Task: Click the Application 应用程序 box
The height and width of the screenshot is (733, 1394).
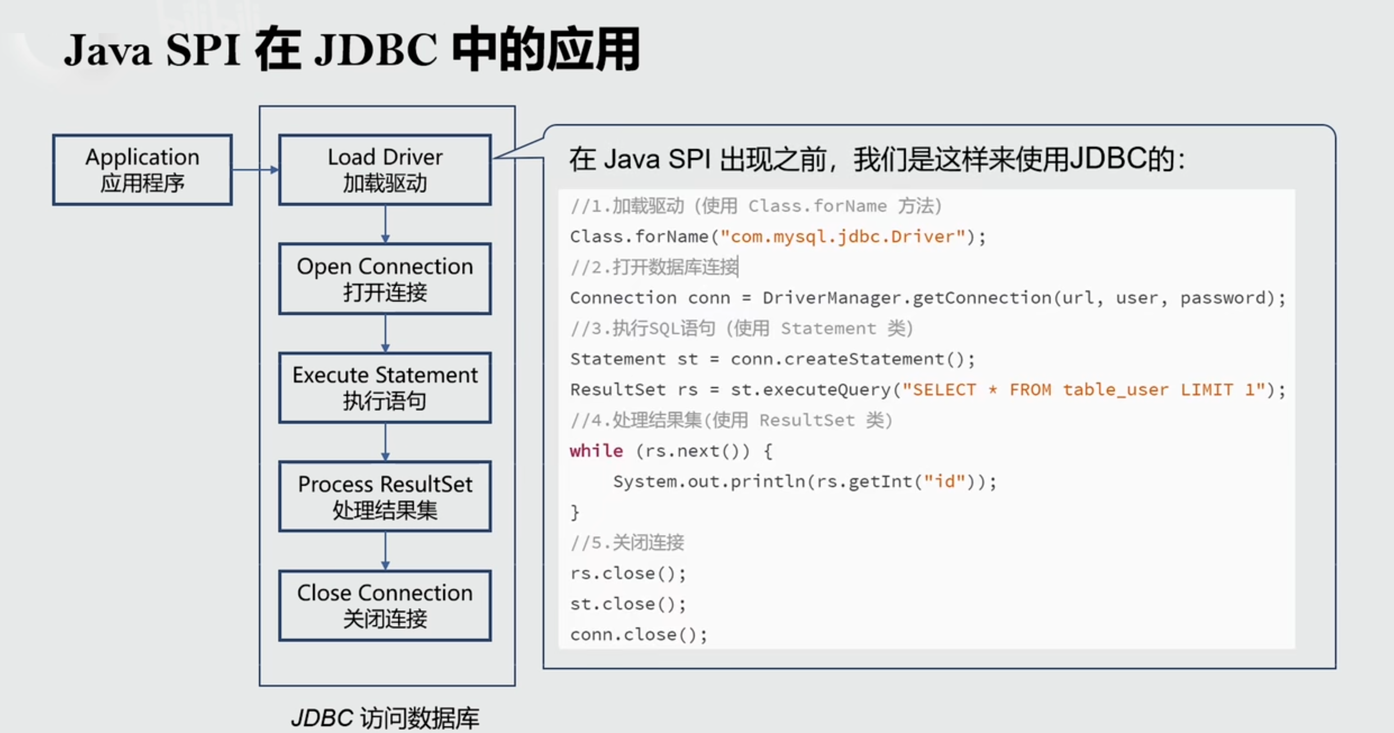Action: coord(142,170)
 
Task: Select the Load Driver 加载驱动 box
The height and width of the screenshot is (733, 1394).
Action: coord(385,170)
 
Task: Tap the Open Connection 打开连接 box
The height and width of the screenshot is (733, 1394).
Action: coord(385,279)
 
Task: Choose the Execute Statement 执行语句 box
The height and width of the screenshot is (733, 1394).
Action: coord(385,388)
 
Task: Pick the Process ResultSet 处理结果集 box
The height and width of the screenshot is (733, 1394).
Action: coord(385,497)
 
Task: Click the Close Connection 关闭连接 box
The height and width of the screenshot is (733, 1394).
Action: coord(385,605)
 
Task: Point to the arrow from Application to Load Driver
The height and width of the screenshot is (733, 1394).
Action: coord(256,170)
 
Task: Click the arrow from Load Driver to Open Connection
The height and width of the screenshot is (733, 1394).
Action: coord(385,224)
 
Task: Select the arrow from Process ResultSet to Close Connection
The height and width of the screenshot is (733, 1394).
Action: coord(385,551)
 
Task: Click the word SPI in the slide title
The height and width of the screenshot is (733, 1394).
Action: coord(203,51)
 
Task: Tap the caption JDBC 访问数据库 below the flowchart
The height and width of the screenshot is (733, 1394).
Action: coord(385,718)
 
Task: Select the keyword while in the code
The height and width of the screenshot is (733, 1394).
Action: coord(596,451)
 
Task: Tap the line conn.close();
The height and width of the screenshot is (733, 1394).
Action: coord(639,635)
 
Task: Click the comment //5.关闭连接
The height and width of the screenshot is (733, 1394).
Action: coord(627,543)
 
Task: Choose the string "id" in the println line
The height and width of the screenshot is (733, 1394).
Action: coord(945,482)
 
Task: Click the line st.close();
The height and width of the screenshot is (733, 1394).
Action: coord(628,604)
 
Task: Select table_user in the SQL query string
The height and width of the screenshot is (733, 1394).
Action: coord(1115,390)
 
